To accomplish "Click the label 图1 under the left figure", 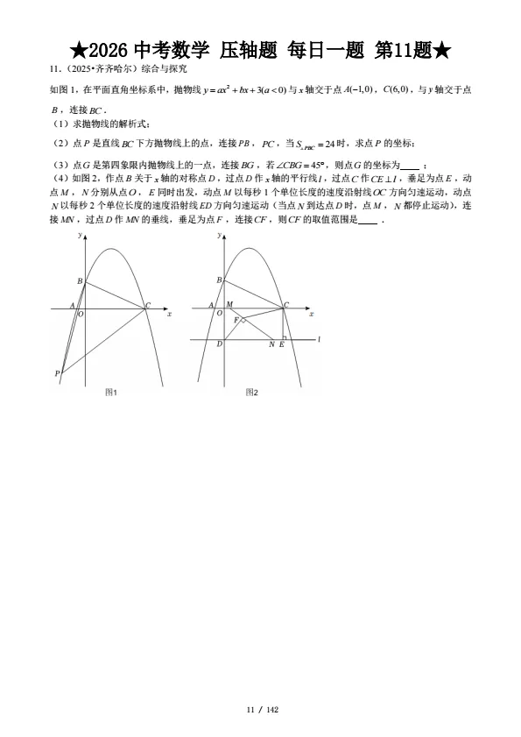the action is click(x=111, y=392).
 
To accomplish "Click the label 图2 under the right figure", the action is click(x=251, y=392).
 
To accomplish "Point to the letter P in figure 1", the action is click(x=57, y=374).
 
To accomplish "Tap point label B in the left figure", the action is click(x=80, y=281).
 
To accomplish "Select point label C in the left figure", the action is click(x=148, y=305).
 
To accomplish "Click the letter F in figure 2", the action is click(x=236, y=320).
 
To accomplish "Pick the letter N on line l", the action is click(x=271, y=344).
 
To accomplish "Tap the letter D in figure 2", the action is click(x=219, y=344).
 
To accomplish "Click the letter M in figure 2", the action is click(x=229, y=304).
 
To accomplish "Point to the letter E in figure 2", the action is click(x=281, y=344).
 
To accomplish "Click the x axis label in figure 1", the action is click(x=169, y=313).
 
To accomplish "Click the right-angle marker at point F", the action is click(x=243, y=322).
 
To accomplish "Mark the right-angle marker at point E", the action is click(x=284, y=337).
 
